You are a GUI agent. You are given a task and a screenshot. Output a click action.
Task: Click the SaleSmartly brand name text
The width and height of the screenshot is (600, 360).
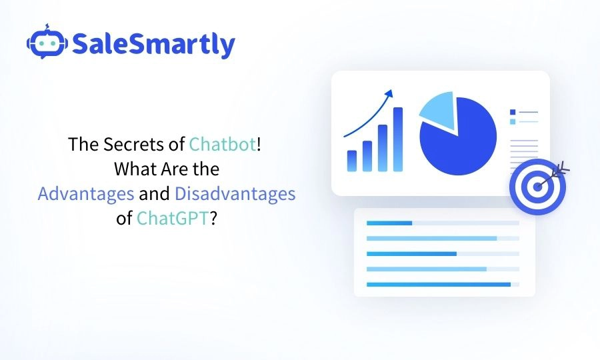tap(153, 45)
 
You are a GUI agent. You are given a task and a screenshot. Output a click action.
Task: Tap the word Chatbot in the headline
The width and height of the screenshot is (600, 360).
tap(222, 145)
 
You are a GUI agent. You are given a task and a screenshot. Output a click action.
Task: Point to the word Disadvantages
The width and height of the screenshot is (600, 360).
tap(235, 194)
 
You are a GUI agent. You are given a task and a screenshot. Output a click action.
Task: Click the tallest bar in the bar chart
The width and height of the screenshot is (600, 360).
tap(397, 139)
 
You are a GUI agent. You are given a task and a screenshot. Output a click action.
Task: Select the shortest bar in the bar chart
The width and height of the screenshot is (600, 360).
tap(351, 161)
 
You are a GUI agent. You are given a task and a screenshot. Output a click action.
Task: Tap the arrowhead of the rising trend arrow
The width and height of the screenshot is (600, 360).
tap(389, 94)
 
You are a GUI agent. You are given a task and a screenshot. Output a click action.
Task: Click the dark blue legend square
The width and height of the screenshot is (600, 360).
tap(512, 112)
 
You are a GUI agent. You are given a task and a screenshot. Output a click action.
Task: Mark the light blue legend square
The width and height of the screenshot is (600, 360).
tap(512, 121)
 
